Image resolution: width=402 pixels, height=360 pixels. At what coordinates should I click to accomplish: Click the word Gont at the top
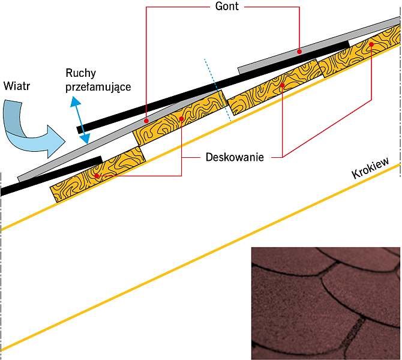tap(227, 6)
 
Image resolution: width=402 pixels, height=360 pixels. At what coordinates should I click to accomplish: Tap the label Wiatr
tap(17, 86)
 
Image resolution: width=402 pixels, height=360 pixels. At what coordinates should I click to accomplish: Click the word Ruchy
tap(81, 73)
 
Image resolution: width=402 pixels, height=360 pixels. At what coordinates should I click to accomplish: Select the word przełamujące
tap(98, 87)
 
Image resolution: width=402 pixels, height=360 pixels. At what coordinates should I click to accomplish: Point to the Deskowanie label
tap(235, 157)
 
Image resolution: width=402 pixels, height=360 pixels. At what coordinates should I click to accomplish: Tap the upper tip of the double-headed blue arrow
tap(74, 97)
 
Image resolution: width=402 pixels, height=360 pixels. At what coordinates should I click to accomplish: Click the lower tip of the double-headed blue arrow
tap(87, 143)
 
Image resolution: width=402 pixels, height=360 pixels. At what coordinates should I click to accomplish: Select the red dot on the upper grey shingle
tap(299, 52)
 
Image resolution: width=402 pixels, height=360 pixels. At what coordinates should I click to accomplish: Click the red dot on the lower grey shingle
tap(146, 121)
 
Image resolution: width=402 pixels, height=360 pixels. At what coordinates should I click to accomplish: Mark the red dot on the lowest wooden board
tap(97, 176)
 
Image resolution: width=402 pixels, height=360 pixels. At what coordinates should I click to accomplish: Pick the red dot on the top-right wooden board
tap(371, 44)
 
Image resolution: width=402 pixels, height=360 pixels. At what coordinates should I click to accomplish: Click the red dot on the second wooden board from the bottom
tap(181, 118)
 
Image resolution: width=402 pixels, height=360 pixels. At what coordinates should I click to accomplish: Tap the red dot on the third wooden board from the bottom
tap(282, 85)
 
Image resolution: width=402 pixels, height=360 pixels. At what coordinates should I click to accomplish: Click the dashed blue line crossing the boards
tap(218, 90)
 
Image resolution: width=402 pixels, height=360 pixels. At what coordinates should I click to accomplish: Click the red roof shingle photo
tap(326, 304)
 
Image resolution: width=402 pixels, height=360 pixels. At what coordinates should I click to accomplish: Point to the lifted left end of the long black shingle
tap(80, 130)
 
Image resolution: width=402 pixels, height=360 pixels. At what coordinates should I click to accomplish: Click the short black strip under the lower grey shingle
tap(51, 176)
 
